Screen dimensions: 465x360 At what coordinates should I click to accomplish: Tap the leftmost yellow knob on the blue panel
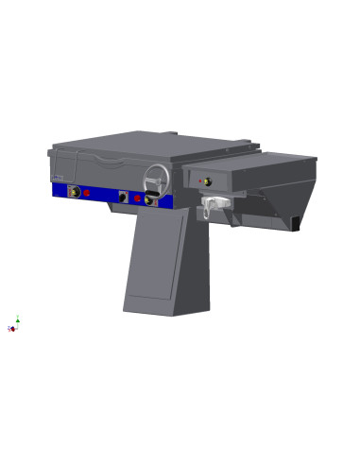pyautogui.click(x=74, y=191)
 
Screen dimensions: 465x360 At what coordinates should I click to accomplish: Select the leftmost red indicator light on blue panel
pyautogui.click(x=87, y=193)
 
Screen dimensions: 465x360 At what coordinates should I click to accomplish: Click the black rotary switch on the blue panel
pyautogui.click(x=123, y=197)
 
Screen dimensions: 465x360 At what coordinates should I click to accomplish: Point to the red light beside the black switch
pyautogui.click(x=137, y=198)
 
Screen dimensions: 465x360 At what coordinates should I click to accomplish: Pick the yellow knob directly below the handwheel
pyautogui.click(x=148, y=199)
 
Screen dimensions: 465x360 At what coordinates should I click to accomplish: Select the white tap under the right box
pyautogui.click(x=214, y=203)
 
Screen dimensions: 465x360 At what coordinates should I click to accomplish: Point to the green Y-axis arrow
pyautogui.click(x=17, y=319)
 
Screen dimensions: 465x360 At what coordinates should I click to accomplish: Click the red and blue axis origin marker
pyautogui.click(x=12, y=329)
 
